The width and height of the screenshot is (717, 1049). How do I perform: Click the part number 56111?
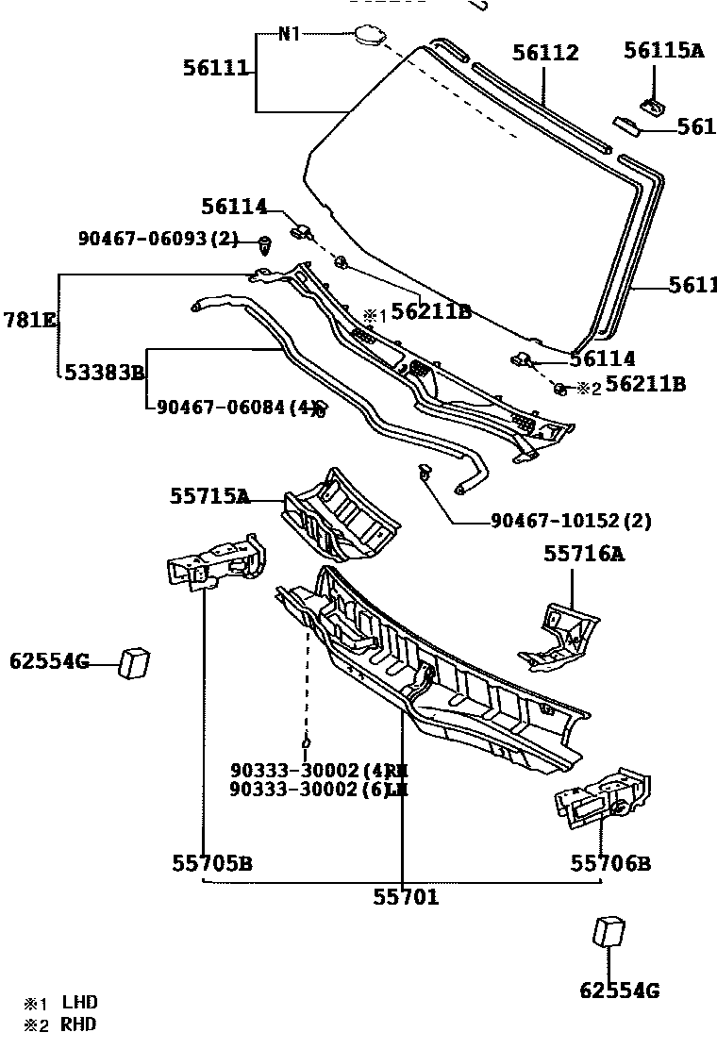tap(215, 67)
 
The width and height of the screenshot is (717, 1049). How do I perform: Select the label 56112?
tap(545, 54)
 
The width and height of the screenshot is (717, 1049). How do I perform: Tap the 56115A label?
tap(663, 51)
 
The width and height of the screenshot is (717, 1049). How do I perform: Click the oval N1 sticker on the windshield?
tap(368, 37)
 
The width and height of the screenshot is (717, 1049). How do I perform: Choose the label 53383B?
tap(104, 373)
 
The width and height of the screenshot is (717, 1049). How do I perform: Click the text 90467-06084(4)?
tap(235, 408)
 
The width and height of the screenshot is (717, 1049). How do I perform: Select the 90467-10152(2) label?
tap(571, 521)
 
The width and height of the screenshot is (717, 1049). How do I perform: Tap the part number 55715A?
tap(209, 496)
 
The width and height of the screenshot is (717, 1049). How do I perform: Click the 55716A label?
tap(583, 554)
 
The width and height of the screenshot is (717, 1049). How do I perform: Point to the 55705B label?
tap(211, 863)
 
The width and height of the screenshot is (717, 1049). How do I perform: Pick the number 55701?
tap(406, 898)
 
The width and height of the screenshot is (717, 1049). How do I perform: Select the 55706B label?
tap(610, 863)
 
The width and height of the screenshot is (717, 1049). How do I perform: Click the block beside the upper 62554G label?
tap(134, 662)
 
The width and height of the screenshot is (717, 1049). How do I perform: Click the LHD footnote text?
tap(80, 1003)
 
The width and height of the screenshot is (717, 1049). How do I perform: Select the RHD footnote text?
tap(79, 1024)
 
